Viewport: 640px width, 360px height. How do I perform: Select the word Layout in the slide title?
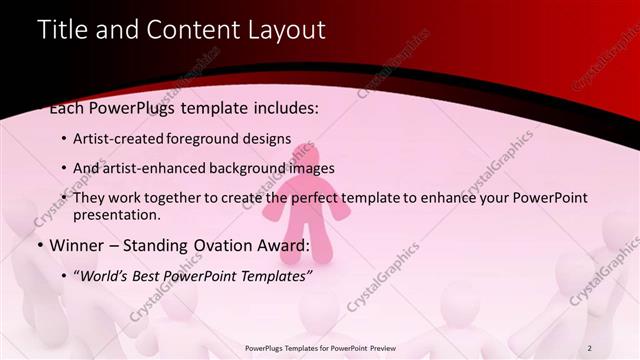[x=287, y=31]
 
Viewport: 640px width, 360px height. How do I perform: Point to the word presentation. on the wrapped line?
[x=116, y=215]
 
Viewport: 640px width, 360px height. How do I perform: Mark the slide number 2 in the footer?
[x=590, y=347]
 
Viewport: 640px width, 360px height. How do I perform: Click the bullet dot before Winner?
[x=39, y=245]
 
